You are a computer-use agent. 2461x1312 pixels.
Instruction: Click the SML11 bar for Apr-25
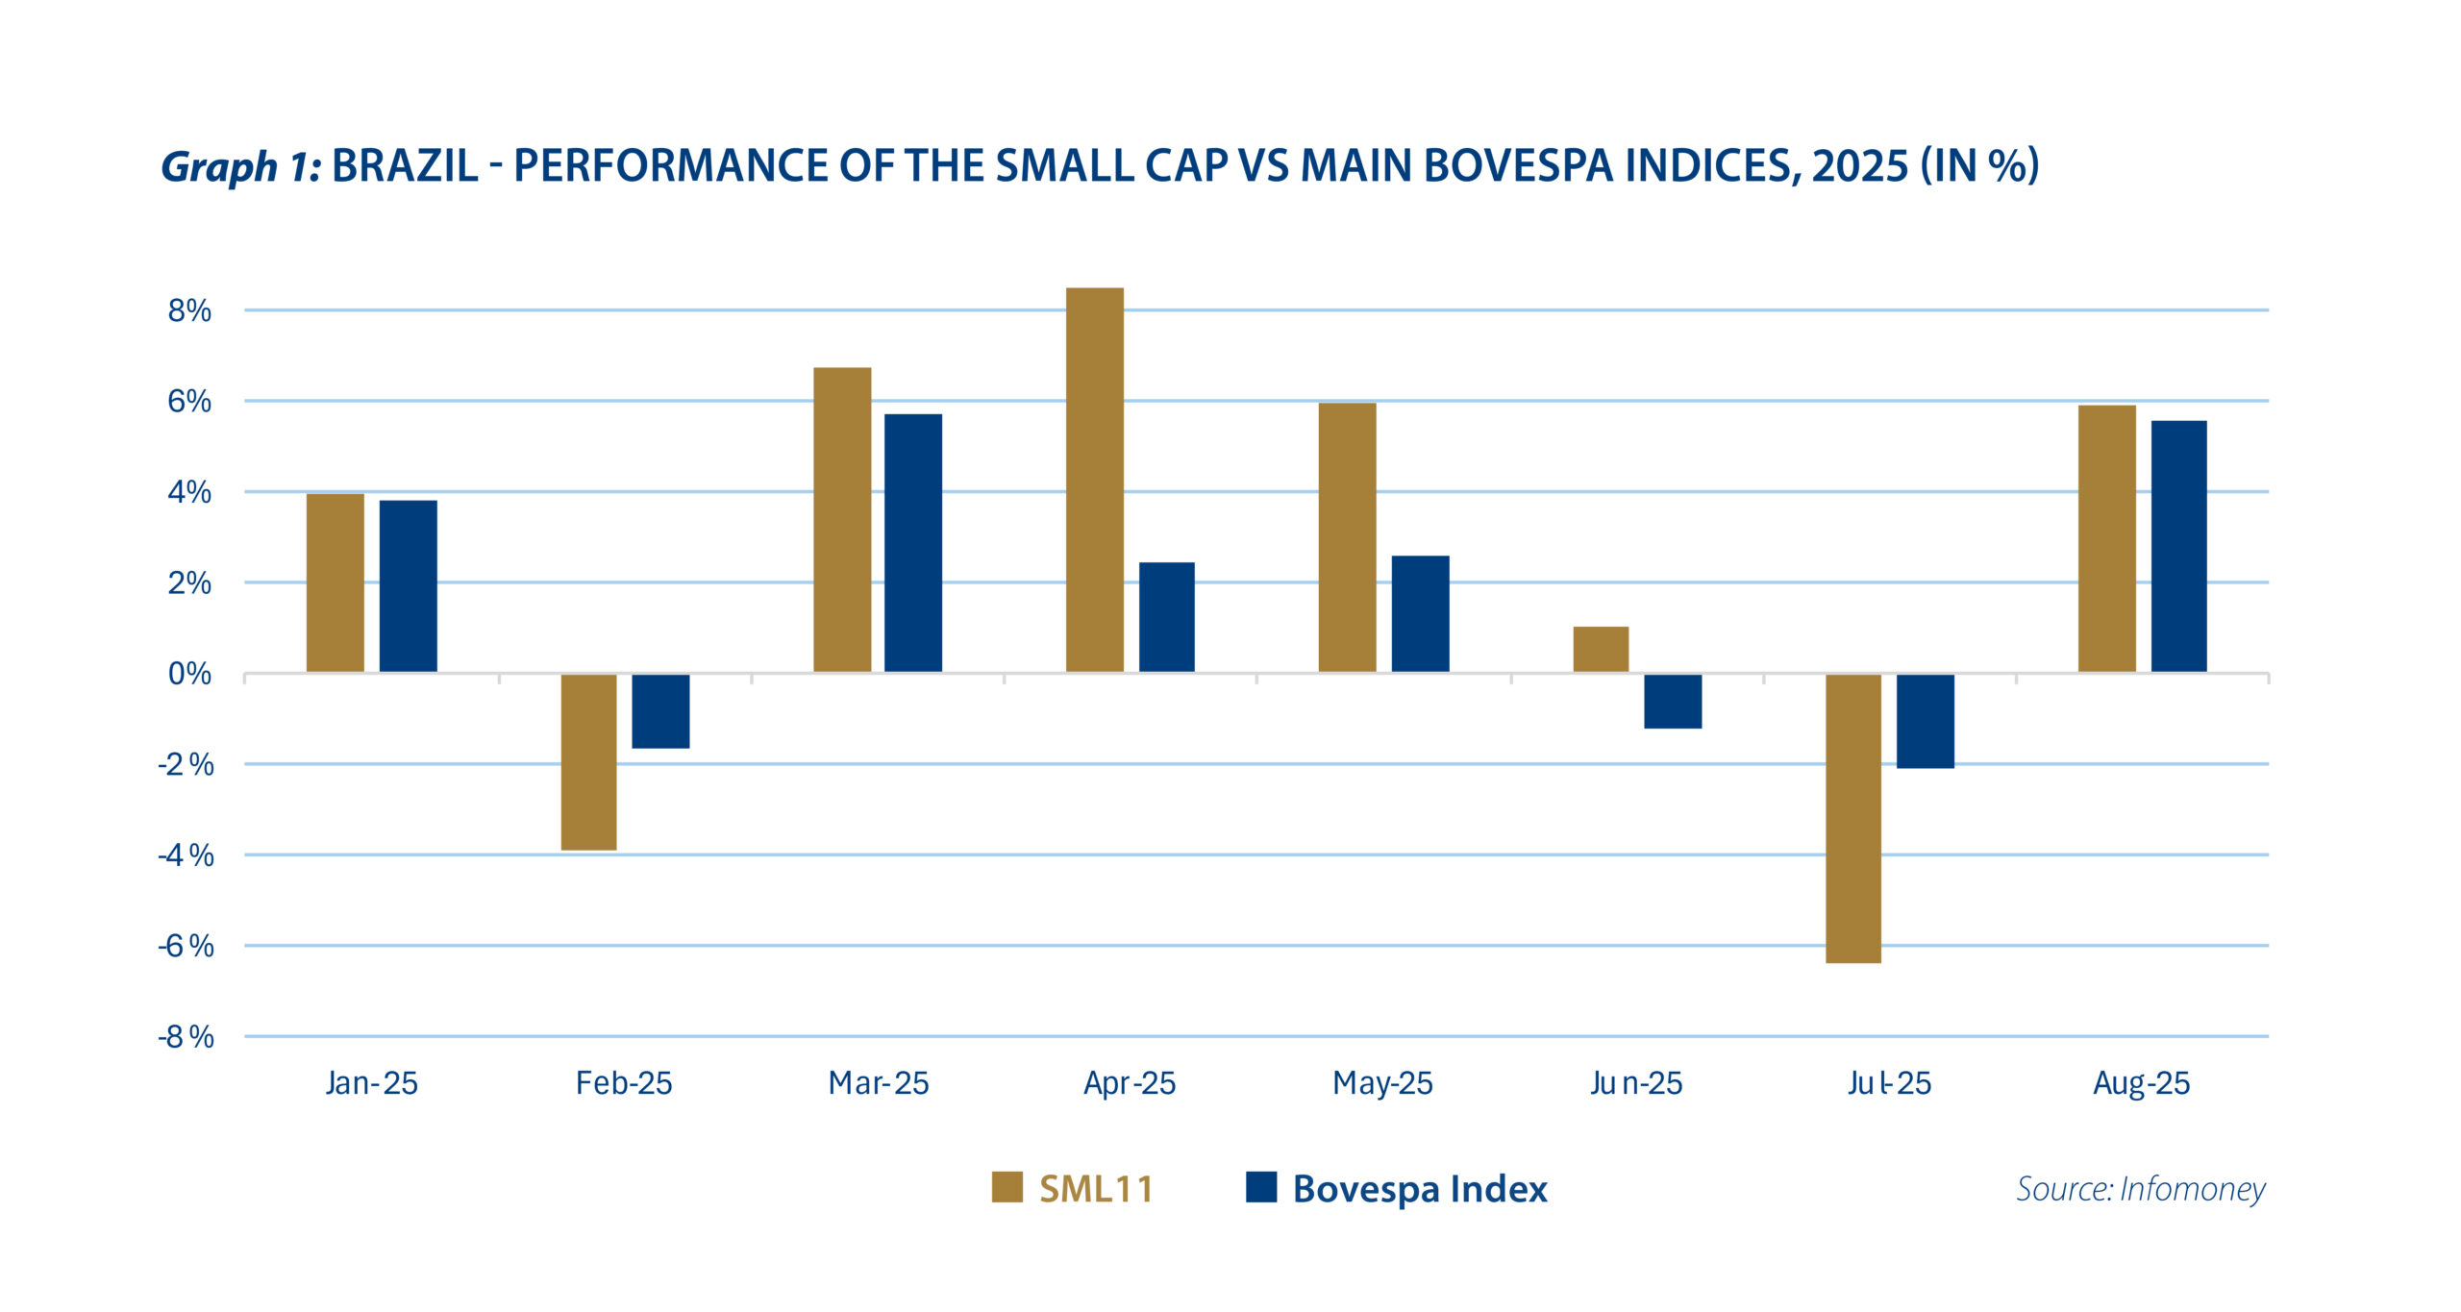click(1095, 480)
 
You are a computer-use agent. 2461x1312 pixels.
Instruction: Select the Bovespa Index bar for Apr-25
click(1166, 617)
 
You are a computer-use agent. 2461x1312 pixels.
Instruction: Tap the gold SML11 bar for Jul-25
click(1852, 818)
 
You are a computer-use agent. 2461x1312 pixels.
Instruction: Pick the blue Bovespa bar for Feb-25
click(660, 711)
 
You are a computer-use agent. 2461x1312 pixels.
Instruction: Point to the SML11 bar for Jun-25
click(1601, 650)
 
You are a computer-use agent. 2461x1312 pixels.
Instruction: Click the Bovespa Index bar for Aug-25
click(2178, 546)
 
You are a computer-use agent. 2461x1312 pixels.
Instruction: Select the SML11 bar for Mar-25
click(842, 520)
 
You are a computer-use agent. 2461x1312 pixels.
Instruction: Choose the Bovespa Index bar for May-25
click(1420, 614)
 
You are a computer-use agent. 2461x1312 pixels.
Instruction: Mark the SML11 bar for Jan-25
click(336, 582)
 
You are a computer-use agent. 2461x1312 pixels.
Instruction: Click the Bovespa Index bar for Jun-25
click(1673, 702)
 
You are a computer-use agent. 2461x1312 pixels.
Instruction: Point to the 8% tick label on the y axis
click(189, 310)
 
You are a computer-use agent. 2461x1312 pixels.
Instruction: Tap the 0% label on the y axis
click(189, 674)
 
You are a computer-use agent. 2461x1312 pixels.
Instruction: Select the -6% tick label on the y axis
click(186, 946)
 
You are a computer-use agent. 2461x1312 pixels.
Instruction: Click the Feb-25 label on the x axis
click(624, 1083)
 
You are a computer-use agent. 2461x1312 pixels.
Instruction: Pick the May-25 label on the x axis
click(1382, 1083)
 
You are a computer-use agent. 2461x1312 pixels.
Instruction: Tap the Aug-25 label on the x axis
click(2141, 1083)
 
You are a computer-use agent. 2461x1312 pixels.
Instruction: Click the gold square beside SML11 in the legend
click(1007, 1187)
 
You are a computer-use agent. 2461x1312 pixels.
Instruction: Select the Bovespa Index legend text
click(1420, 1189)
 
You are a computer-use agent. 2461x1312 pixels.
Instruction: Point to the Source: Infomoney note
click(2140, 1189)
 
